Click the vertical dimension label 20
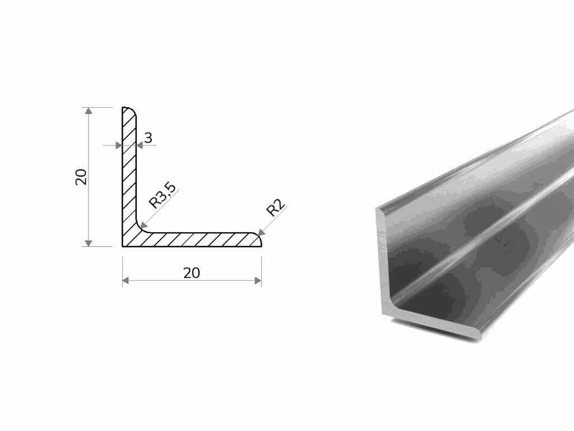[x=81, y=177]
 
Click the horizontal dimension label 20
[x=192, y=273]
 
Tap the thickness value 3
[x=148, y=138]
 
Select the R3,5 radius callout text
[x=163, y=196]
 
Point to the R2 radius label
[x=276, y=208]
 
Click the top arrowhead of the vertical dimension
[x=88, y=111]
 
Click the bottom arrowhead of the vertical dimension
[x=88, y=243]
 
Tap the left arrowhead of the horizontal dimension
[x=126, y=281]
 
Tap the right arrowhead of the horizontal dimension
[x=258, y=281]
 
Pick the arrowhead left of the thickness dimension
[x=119, y=145]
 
